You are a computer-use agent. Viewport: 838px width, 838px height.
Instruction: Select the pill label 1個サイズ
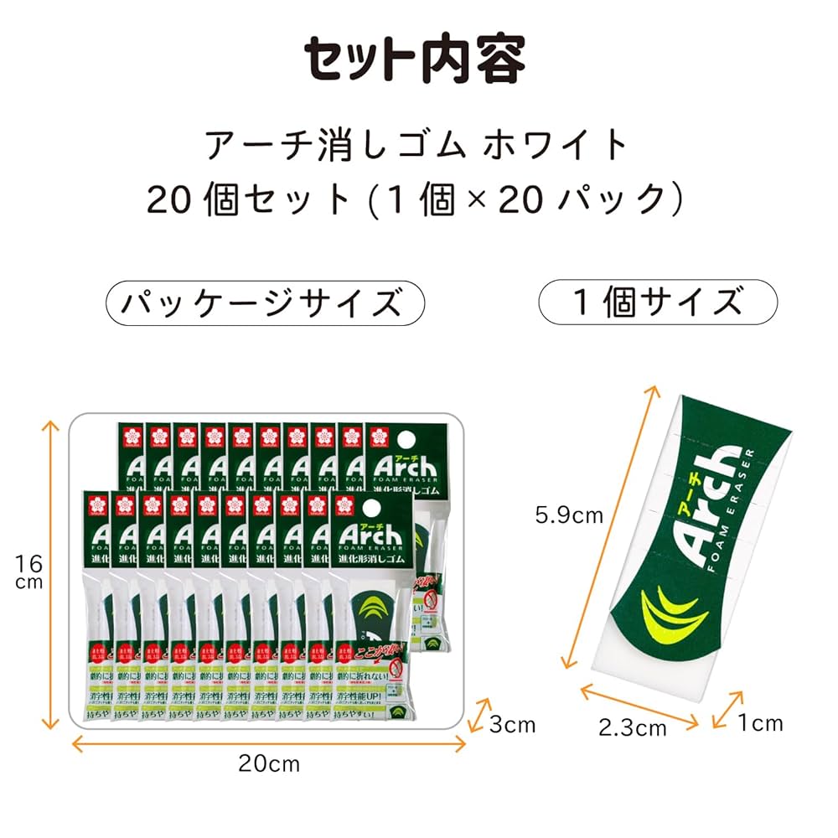click(x=657, y=302)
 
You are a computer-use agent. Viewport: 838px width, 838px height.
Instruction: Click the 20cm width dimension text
click(x=268, y=763)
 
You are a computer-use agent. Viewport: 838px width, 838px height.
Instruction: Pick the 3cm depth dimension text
click(x=513, y=724)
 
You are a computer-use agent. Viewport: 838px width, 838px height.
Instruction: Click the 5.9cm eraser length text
click(x=570, y=515)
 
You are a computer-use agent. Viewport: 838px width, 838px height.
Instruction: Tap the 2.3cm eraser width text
click(x=633, y=727)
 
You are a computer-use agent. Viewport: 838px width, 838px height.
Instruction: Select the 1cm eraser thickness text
click(x=760, y=722)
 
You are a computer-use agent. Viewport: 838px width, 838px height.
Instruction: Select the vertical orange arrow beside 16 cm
click(x=51, y=574)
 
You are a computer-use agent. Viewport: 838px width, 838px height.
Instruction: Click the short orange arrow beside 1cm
click(x=727, y=709)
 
